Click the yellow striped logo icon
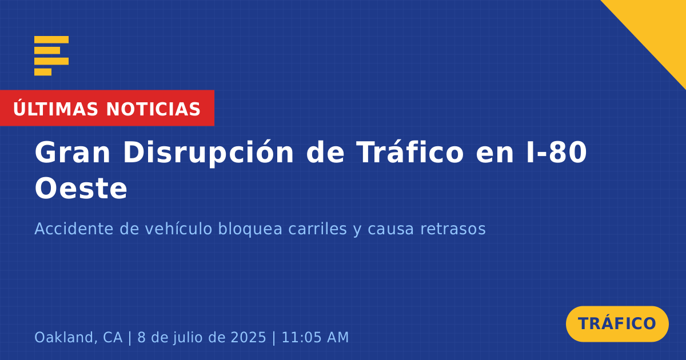51,56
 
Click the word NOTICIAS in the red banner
153,109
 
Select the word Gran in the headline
72,153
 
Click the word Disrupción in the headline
209,153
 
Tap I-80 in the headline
556,152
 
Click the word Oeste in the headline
81,188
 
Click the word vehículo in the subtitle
178,229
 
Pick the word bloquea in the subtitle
250,229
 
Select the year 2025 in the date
248,338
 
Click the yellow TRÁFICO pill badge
617,324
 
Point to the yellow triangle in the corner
659,27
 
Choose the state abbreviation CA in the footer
113,338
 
